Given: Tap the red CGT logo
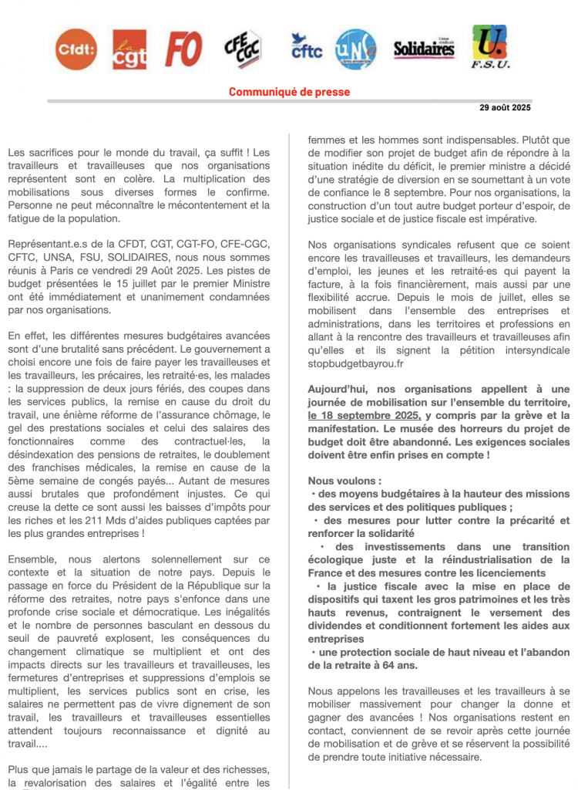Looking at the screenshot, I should click(129, 49).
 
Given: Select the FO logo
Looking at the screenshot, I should click(183, 49).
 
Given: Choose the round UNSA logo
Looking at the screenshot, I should click(356, 49).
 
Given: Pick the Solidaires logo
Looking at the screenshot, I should click(424, 49).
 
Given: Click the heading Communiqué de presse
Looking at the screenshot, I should click(289, 92).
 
